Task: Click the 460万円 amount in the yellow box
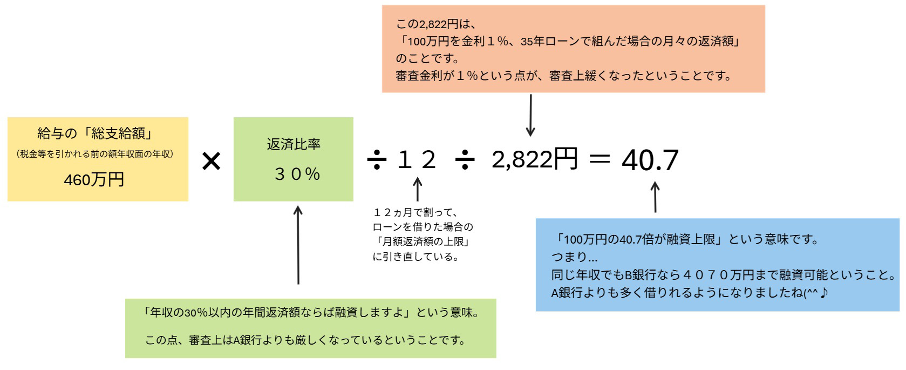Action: click(94, 180)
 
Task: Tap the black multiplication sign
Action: click(211, 161)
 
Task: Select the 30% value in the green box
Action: click(297, 174)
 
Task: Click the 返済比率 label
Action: click(294, 144)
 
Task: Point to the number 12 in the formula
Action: click(417, 159)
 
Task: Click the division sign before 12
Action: click(376, 160)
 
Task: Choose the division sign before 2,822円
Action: click(465, 160)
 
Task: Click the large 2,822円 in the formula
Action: click(534, 159)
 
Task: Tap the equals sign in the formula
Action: click(600, 158)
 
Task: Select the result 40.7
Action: click(650, 160)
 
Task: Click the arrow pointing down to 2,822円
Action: click(530, 116)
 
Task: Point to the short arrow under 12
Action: click(418, 189)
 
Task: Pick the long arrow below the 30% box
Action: click(298, 245)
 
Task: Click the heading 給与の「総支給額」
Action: click(94, 133)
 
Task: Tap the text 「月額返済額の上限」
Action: click(423, 241)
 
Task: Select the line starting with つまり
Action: click(574, 257)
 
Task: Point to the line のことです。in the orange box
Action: click(427, 59)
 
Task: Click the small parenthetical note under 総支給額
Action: click(95, 154)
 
